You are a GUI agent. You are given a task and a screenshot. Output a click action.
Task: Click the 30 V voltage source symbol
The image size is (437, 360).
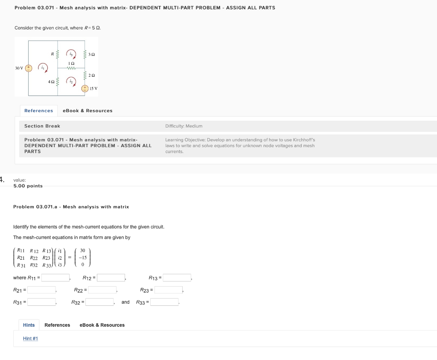click(29, 68)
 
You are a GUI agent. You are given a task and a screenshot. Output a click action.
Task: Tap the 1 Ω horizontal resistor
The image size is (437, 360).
click(71, 67)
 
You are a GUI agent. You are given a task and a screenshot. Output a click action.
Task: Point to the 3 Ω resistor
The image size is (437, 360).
click(85, 54)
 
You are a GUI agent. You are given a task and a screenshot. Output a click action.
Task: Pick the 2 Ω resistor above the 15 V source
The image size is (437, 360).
click(85, 75)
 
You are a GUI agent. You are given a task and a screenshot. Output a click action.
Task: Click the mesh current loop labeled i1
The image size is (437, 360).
click(43, 67)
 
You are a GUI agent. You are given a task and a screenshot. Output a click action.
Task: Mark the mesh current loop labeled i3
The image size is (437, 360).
click(71, 54)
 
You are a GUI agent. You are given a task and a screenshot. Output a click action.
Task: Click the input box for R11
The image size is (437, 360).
click(55, 278)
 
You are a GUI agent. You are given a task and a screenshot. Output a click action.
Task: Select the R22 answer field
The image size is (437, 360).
click(102, 290)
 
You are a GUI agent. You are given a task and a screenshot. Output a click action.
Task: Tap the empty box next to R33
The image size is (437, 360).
click(164, 302)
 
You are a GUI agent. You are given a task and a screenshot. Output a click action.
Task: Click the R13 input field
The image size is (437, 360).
click(177, 278)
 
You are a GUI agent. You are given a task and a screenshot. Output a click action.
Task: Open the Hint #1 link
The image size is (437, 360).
click(30, 339)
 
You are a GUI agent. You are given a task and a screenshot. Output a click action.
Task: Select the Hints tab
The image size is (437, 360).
click(29, 325)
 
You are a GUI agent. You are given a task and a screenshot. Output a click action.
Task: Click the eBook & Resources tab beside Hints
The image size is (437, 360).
click(102, 325)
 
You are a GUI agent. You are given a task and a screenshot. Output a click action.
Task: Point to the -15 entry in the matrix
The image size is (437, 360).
click(82, 258)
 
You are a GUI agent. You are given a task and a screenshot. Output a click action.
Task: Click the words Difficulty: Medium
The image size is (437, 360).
click(184, 126)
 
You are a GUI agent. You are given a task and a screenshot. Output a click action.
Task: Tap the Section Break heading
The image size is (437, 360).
click(42, 126)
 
